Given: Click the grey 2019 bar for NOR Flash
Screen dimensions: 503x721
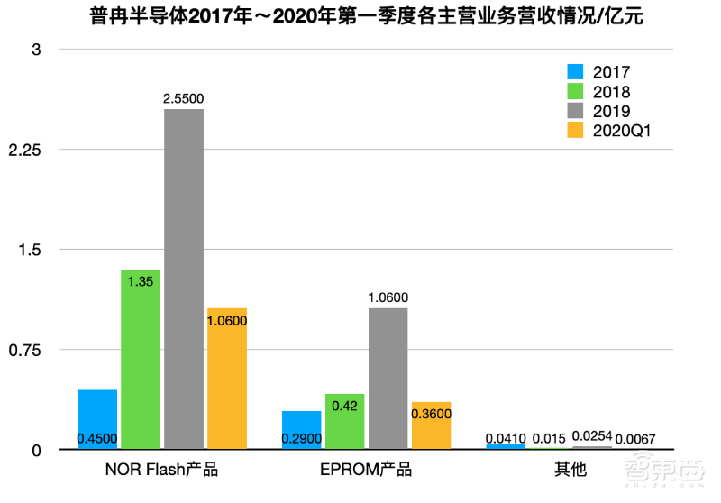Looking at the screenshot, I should pos(184,279).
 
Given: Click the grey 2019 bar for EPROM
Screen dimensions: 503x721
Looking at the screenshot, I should pos(388,379).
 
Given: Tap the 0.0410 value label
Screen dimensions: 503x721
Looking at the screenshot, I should pos(506,438).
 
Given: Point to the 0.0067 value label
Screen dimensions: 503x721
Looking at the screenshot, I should pos(635,439).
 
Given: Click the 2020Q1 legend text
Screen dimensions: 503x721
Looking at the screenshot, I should pos(622,132).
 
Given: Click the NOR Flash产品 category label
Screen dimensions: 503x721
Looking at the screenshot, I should pos(162,470).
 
